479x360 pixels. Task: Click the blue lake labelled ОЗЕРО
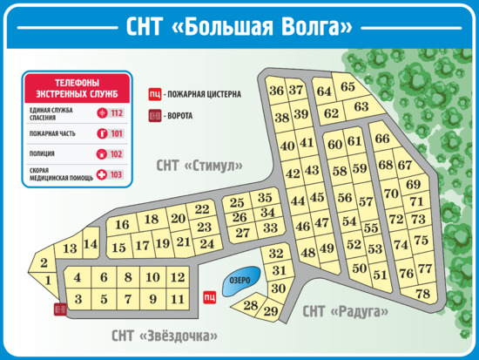coord(239,281)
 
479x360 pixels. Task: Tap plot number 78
coord(423,294)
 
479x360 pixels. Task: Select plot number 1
coord(49,280)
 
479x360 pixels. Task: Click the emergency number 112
coord(117,113)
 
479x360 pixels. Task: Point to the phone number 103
coord(117,174)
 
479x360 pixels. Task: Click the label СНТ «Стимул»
coord(199,165)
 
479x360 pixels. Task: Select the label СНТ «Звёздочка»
coord(164,336)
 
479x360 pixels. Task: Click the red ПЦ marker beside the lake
coord(209,296)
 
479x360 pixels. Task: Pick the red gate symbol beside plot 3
coord(59,309)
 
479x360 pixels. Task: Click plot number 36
coord(276,91)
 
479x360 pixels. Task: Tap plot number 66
coord(382,139)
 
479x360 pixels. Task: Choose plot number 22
coord(202,209)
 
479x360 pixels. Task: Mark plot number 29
coord(271,311)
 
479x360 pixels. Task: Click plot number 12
coord(178,277)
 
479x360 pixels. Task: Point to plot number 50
coord(359,268)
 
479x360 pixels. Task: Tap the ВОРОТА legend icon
coord(156,115)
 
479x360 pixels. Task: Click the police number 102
coord(117,154)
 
